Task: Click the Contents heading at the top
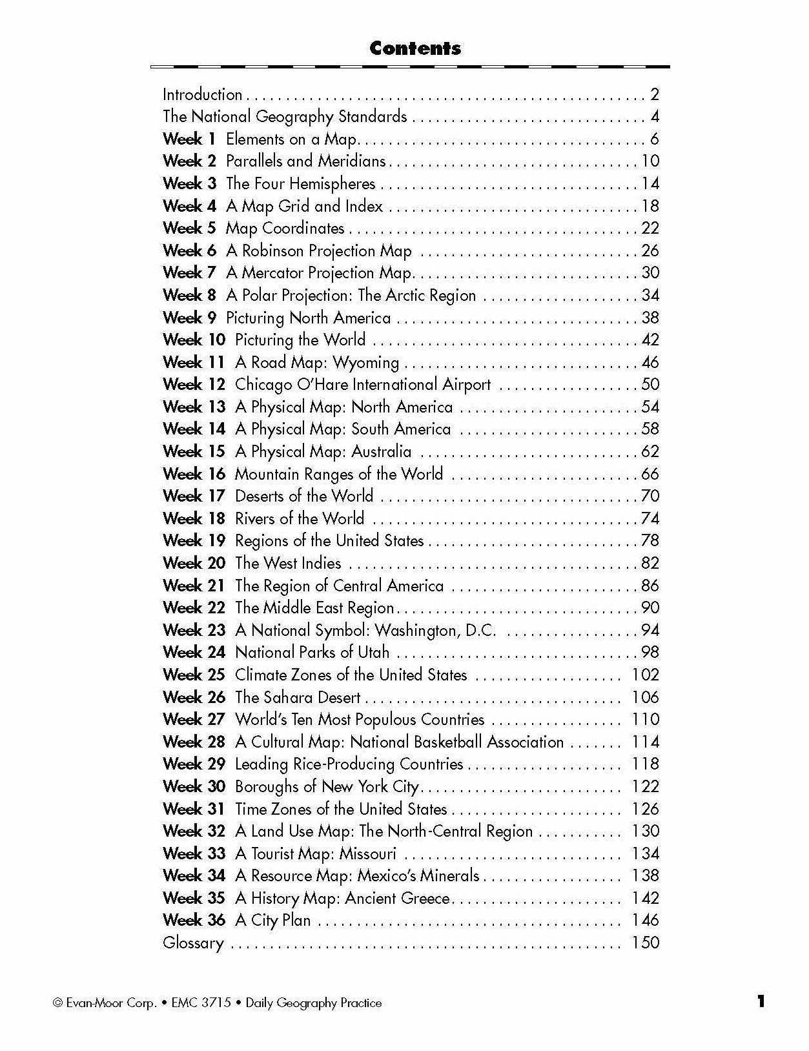coord(415,48)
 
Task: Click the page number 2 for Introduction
coord(654,95)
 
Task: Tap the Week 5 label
coord(189,228)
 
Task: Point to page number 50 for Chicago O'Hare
coord(650,384)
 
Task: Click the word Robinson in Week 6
coord(272,250)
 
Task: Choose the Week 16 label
coord(194,474)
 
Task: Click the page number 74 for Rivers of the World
coord(650,518)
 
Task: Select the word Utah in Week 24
coord(373,652)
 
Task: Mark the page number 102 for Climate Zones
coord(645,675)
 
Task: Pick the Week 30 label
coord(194,786)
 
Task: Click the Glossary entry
coord(193,943)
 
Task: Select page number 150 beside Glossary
coord(645,943)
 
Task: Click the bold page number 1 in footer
coord(761,1001)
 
